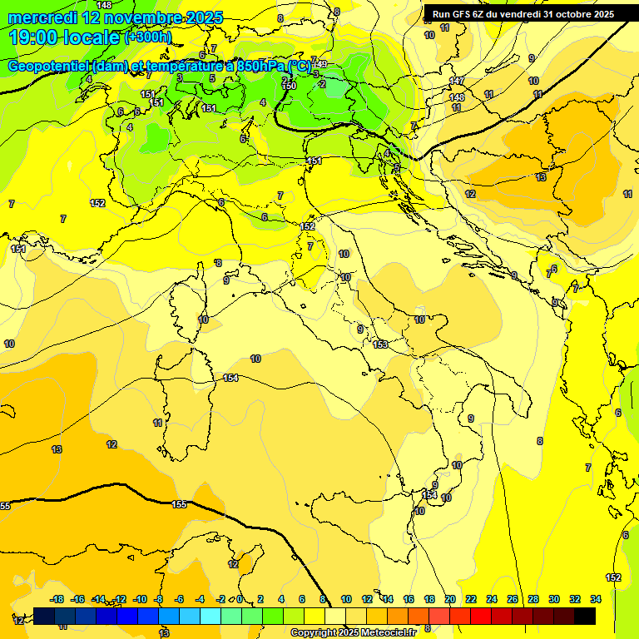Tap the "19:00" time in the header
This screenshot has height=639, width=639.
34,37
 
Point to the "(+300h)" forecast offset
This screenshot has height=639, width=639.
147,37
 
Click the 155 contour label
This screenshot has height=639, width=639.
179,504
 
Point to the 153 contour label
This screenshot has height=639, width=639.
380,344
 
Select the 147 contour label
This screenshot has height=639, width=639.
457,81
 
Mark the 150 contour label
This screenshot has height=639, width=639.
290,86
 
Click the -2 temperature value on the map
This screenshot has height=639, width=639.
321,84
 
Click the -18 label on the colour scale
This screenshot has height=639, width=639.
57,599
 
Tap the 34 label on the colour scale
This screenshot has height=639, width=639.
595,599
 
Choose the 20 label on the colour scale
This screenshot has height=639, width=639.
450,599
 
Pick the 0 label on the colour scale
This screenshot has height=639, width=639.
239,599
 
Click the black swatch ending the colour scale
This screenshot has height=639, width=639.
585,617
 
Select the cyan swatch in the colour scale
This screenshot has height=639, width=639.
211,617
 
